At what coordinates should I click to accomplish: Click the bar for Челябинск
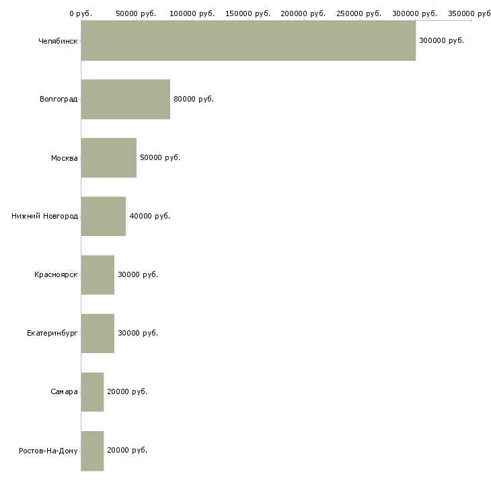(248, 40)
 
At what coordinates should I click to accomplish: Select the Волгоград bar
(126, 100)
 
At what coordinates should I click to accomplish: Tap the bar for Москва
(109, 158)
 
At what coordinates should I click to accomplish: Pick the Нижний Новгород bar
(104, 217)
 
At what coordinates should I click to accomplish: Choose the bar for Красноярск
(98, 275)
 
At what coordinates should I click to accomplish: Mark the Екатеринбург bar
(98, 334)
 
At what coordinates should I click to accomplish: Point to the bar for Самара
(92, 392)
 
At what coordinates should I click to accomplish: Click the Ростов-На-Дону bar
(92, 451)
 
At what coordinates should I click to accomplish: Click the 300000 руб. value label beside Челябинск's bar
(441, 41)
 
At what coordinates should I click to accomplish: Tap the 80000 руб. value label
(194, 100)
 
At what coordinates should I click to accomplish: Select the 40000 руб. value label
(150, 216)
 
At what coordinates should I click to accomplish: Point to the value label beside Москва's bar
(160, 157)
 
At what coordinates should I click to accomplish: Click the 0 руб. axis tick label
(81, 13)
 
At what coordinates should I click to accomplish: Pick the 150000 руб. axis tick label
(248, 13)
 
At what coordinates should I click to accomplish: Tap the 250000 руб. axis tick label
(359, 13)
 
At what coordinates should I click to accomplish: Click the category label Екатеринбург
(52, 333)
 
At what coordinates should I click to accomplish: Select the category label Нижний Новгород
(45, 216)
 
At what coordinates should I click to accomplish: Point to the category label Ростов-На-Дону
(48, 451)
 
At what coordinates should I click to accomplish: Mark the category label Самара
(64, 391)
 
